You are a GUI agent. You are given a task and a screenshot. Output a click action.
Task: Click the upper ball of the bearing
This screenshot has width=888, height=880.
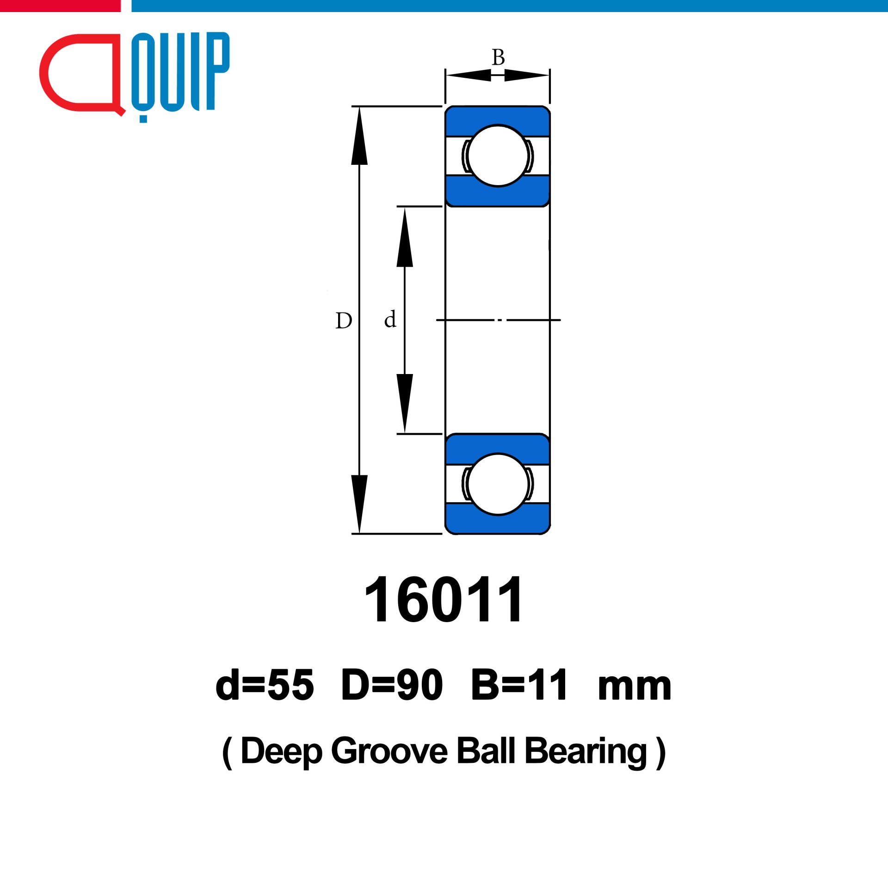[498, 156]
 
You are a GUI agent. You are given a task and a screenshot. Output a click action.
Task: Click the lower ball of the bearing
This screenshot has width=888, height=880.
[498, 484]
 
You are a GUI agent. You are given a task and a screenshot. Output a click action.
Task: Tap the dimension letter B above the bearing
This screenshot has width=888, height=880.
[498, 58]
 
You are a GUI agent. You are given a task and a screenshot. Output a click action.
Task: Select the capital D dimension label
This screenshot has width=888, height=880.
[344, 320]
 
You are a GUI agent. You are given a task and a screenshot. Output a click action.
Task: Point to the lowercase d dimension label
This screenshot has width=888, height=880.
[390, 319]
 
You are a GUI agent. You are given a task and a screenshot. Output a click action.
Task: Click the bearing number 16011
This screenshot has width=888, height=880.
[444, 599]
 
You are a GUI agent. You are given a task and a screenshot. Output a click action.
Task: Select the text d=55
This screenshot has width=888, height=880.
[265, 685]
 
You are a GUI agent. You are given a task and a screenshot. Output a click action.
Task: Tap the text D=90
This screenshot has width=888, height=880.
[392, 685]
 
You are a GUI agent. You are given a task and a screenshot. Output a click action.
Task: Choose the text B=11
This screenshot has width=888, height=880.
[519, 685]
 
